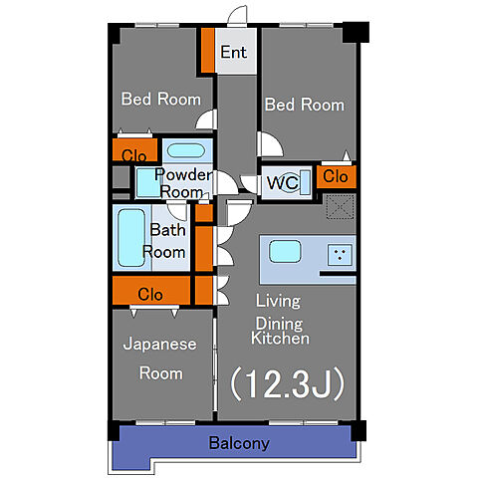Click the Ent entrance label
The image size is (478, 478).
click(x=234, y=52)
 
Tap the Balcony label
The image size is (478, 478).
click(x=239, y=443)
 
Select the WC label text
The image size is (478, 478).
click(x=283, y=182)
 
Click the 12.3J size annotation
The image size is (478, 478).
click(x=288, y=383)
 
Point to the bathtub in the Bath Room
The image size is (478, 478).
click(x=131, y=238)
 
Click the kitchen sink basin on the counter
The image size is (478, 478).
click(x=285, y=251)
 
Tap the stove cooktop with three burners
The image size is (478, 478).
click(x=340, y=255)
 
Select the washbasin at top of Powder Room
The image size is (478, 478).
click(x=186, y=151)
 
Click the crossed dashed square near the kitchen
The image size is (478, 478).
click(x=341, y=207)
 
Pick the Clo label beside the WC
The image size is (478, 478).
click(x=336, y=176)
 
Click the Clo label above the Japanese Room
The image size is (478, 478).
click(x=150, y=295)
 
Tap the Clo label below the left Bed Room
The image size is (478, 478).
click(x=134, y=155)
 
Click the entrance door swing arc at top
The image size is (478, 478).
click(x=237, y=15)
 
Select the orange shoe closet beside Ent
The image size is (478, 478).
click(x=208, y=50)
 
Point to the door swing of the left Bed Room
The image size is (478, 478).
click(x=206, y=119)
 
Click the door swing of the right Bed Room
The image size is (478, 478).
click(x=270, y=144)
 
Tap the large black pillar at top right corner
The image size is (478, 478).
click(x=356, y=32)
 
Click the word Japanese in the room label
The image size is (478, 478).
click(x=159, y=345)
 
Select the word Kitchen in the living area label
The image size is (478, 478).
click(x=280, y=339)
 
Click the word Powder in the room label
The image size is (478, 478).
click(x=183, y=174)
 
